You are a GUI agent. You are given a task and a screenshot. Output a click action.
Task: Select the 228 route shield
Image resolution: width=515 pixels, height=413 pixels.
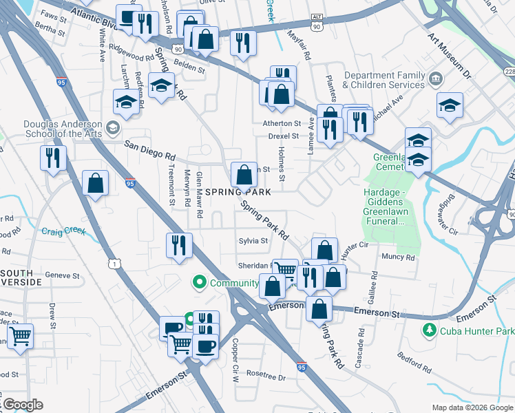(x=509, y=72)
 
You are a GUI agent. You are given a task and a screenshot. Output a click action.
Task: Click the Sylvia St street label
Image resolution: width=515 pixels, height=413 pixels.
(x=253, y=241)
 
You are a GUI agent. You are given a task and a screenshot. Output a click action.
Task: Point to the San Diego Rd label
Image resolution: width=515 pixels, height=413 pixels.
(x=150, y=150)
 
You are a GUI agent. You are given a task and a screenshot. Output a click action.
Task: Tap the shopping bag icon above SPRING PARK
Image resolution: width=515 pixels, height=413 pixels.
(x=244, y=175)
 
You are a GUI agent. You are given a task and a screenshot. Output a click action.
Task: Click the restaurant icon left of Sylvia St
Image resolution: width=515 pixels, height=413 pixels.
(x=179, y=245)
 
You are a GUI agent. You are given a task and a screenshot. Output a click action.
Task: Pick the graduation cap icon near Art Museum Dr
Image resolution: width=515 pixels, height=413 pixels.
(x=450, y=105)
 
